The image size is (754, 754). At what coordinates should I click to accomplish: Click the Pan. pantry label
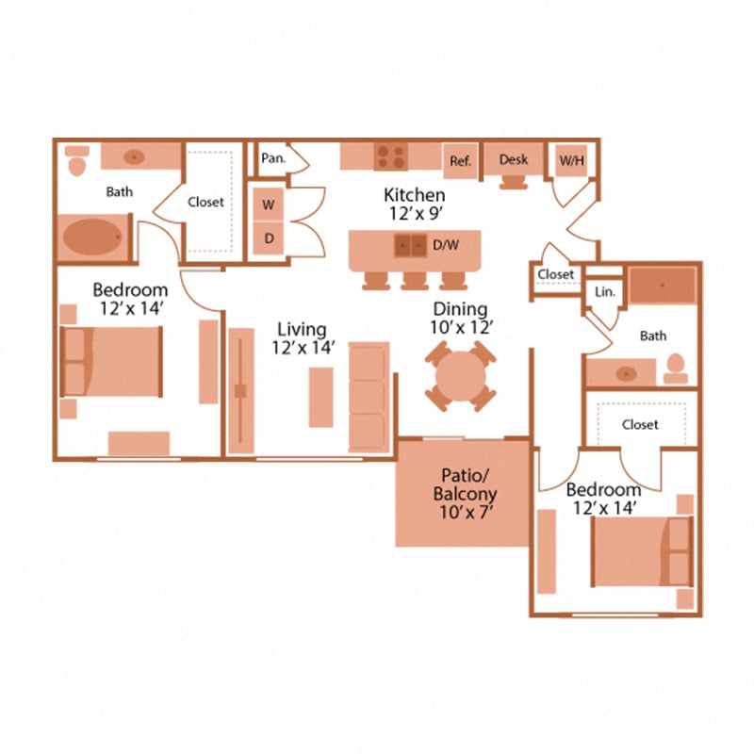273,158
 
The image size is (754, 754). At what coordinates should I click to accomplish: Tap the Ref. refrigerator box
460,160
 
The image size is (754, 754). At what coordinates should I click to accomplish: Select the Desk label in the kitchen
514,159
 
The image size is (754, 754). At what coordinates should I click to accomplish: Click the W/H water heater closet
571,160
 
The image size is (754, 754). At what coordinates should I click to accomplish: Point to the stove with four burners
390,156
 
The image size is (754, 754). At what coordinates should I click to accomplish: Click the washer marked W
269,205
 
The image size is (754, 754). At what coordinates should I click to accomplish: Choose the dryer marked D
269,238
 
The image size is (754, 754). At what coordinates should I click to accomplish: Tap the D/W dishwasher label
446,246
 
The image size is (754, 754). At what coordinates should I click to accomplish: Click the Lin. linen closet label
604,292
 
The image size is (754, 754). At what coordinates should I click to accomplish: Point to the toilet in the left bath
77,161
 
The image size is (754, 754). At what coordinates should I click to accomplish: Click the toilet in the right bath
675,368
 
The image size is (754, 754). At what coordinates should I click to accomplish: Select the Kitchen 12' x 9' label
415,205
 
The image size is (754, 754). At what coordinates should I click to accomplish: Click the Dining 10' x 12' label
460,319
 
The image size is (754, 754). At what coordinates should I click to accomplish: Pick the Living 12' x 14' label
302,338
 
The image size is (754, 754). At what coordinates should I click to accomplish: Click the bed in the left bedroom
111,361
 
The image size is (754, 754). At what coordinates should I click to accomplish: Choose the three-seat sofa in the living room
369,396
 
